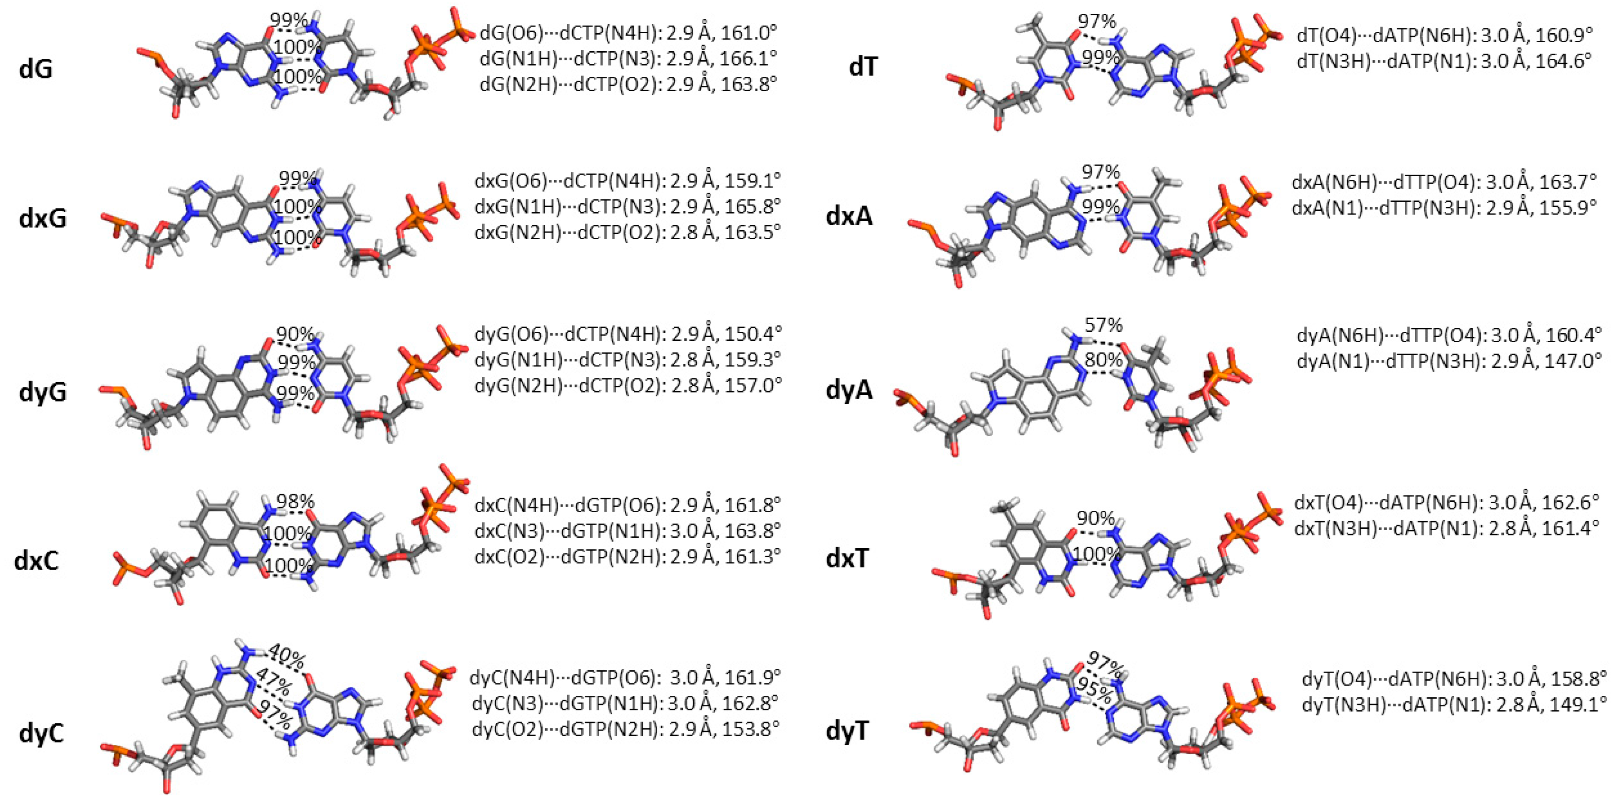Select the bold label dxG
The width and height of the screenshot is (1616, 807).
(43, 219)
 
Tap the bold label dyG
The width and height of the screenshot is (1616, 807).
(43, 392)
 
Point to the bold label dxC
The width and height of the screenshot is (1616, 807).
(36, 560)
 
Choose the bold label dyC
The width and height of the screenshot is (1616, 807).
(41, 732)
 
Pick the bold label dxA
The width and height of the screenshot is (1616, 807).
(849, 217)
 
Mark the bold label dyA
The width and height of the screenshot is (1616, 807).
(849, 390)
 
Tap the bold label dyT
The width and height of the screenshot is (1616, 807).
(847, 731)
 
